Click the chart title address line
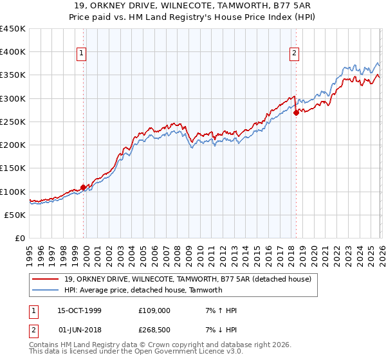click(193, 6)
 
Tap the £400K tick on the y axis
click(13, 52)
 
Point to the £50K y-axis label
click(15, 215)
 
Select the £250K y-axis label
click(13, 122)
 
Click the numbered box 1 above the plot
click(82, 54)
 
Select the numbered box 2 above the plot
click(294, 54)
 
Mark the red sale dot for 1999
click(84, 188)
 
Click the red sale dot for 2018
click(296, 113)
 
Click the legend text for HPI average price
click(143, 290)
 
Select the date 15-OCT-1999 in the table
click(80, 310)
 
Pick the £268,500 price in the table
click(154, 329)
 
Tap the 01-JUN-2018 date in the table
click(80, 329)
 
